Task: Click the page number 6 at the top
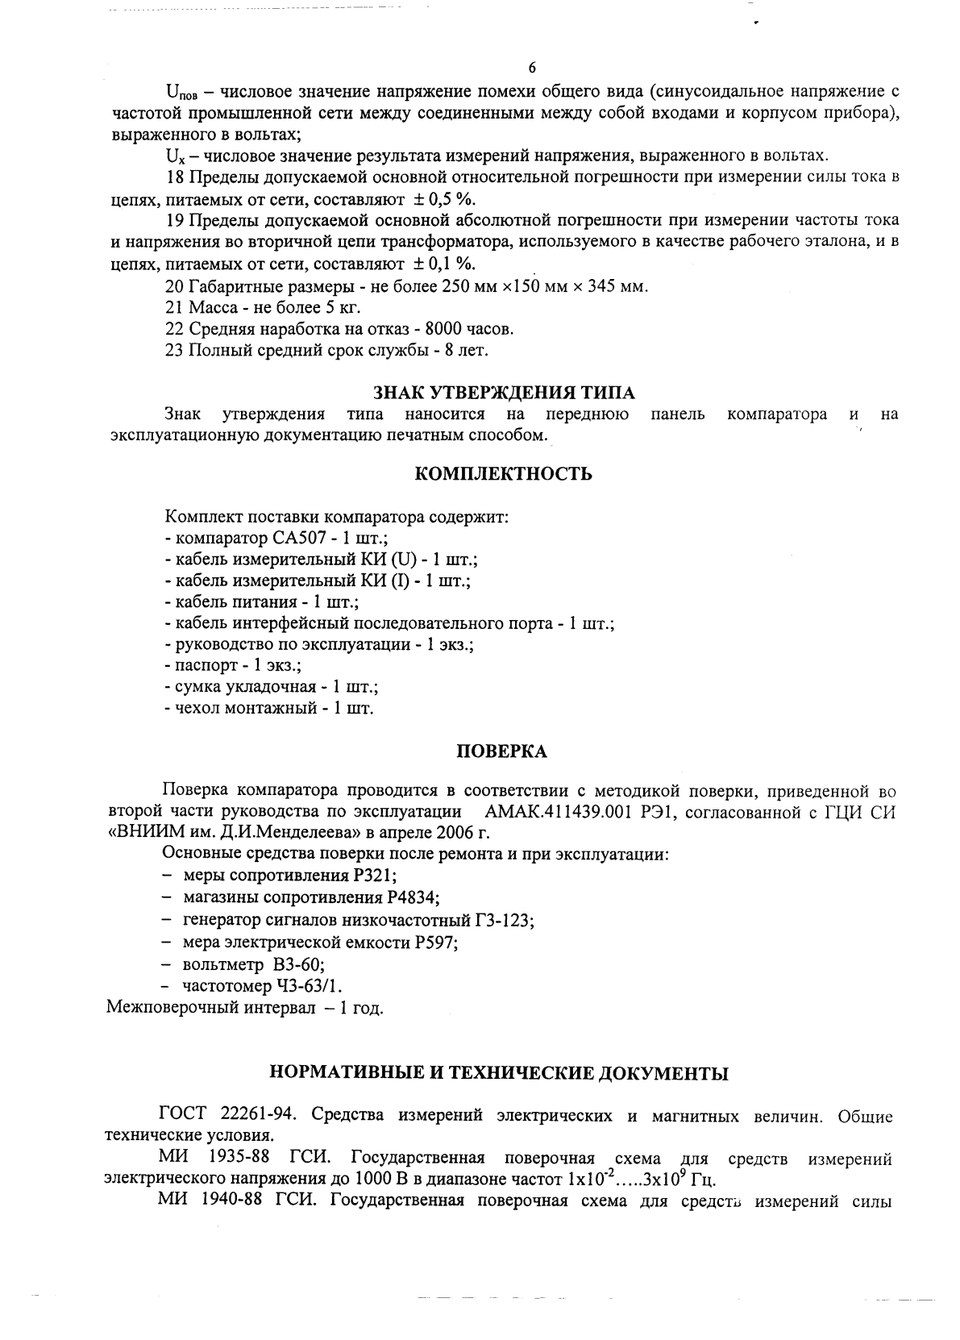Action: point(531,67)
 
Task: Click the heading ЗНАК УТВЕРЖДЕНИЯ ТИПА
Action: point(504,393)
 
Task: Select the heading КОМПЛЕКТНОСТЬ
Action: point(503,474)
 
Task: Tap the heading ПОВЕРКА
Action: point(501,752)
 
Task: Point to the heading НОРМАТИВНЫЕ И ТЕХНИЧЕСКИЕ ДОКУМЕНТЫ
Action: point(498,1073)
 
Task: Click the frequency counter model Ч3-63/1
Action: point(314,986)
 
